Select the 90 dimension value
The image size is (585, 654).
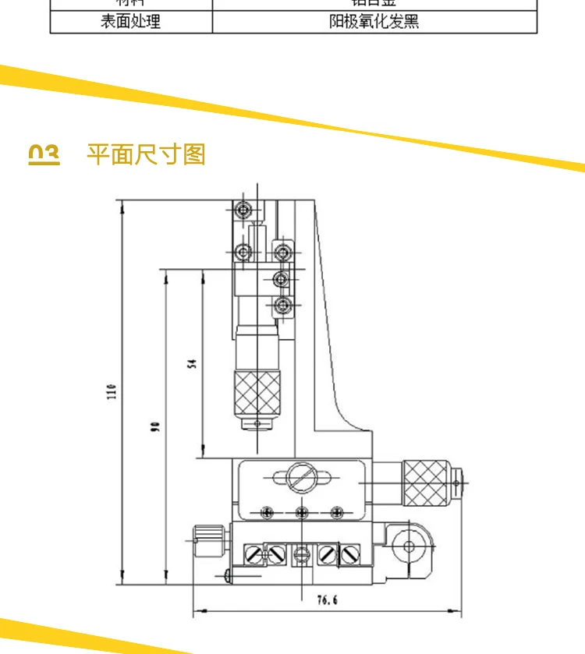(x=154, y=426)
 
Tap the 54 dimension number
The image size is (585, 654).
(x=191, y=362)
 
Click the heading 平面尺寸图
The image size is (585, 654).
(x=146, y=154)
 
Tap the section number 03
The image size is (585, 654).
(x=44, y=154)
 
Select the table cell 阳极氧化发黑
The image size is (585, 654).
(x=374, y=21)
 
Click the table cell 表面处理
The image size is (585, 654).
(x=131, y=21)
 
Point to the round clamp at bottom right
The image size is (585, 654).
(x=410, y=547)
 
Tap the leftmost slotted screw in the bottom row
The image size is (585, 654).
(x=253, y=554)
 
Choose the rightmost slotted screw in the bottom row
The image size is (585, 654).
(x=351, y=554)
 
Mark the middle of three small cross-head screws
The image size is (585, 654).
(x=303, y=511)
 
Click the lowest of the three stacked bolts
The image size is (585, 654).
(x=284, y=305)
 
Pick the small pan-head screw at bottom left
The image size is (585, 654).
(x=227, y=575)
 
